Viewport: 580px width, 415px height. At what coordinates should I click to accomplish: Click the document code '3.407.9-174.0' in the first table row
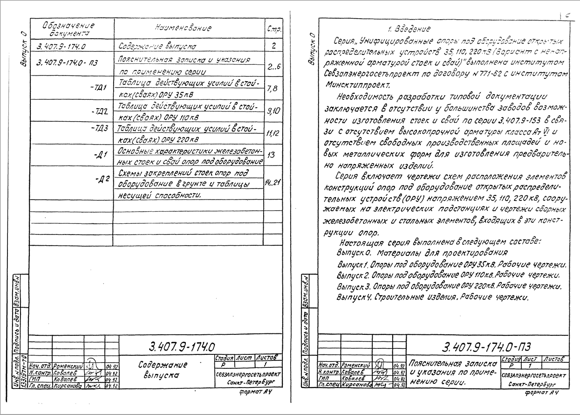61,46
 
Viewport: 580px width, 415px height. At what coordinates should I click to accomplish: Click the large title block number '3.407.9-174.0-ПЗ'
486,348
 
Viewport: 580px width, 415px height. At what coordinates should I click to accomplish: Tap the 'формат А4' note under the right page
541,393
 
